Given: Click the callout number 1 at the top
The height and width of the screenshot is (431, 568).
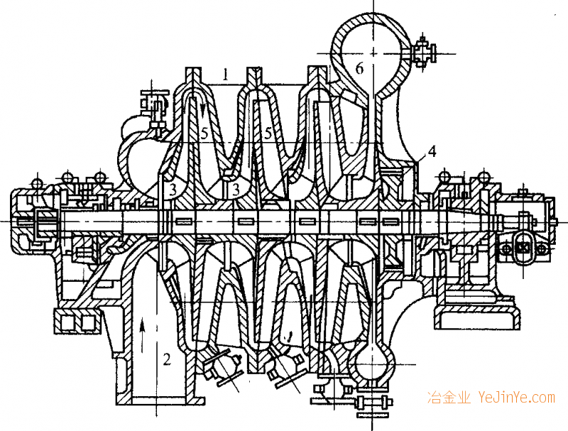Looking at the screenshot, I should (224, 73).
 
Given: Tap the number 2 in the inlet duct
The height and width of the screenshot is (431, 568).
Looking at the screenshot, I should (167, 359).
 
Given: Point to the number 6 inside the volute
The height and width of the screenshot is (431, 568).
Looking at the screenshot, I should (359, 69).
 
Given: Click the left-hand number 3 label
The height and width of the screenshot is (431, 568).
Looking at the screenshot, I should (171, 189).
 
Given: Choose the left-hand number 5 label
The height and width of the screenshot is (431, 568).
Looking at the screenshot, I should (204, 132).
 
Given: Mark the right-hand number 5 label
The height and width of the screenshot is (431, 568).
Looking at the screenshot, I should (268, 132).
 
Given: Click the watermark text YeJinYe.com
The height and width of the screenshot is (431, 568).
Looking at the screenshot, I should (516, 398).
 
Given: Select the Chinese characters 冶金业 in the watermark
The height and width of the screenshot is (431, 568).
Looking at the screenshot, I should (448, 398).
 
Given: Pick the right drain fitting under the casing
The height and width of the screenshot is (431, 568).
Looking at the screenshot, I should (287, 369).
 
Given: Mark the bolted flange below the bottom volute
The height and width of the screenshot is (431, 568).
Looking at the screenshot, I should (371, 402).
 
